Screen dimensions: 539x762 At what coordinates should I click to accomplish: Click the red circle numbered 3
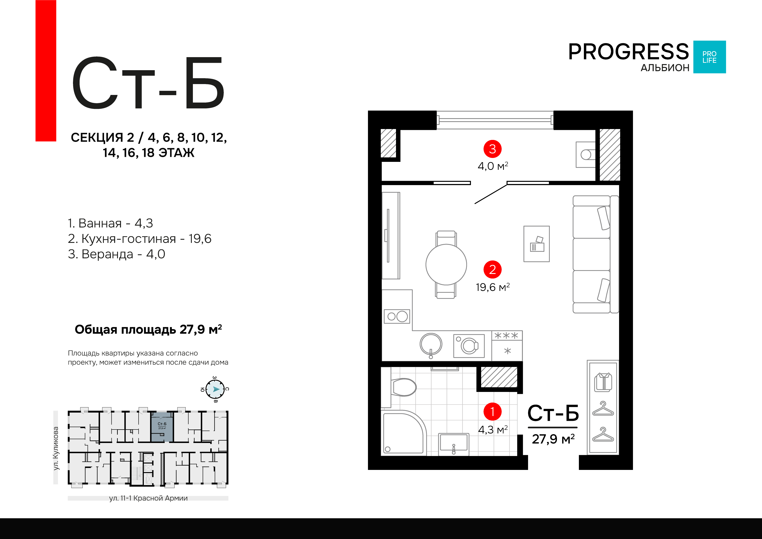click(x=492, y=149)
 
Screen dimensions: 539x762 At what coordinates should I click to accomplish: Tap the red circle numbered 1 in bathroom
click(x=492, y=411)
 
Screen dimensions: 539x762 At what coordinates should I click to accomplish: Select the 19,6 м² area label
click(x=492, y=287)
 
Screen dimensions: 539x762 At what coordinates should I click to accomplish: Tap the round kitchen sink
click(x=431, y=344)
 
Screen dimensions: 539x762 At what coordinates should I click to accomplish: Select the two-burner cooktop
click(x=397, y=316)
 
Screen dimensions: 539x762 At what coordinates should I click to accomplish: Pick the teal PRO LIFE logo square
click(x=710, y=57)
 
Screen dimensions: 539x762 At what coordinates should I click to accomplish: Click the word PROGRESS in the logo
click(x=628, y=52)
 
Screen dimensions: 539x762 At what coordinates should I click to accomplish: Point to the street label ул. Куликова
click(x=56, y=448)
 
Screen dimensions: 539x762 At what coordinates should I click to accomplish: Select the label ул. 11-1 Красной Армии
click(x=148, y=498)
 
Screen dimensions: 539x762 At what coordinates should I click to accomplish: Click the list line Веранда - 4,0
click(x=116, y=254)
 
